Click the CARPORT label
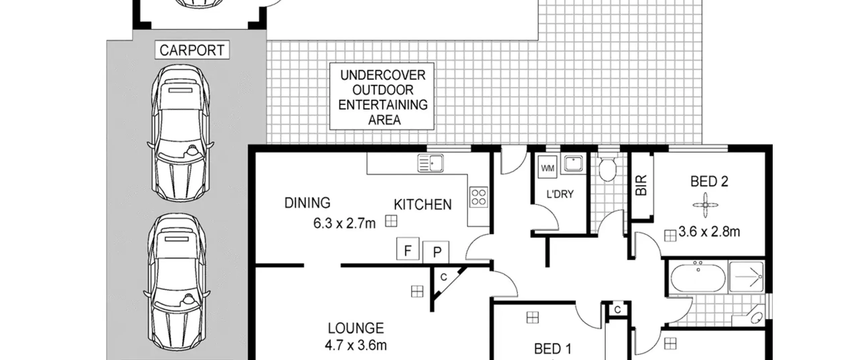pyautogui.click(x=192, y=50)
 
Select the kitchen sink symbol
pyautogui.click(x=431, y=163)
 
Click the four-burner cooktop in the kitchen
pyautogui.click(x=478, y=197)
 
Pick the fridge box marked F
pyautogui.click(x=408, y=249)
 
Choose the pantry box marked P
pyautogui.click(x=436, y=252)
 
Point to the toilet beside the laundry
pyautogui.click(x=607, y=167)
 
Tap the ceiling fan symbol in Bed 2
pyautogui.click(x=705, y=205)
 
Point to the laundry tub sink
pyautogui.click(x=573, y=164)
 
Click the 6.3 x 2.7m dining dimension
pyautogui.click(x=344, y=223)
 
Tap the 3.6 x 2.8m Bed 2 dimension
pyautogui.click(x=709, y=232)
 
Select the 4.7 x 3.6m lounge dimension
pyautogui.click(x=356, y=345)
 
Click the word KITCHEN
pyautogui.click(x=422, y=205)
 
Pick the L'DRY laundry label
pyautogui.click(x=560, y=194)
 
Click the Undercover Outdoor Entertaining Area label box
pyautogui.click(x=382, y=96)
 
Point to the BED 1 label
pyautogui.click(x=553, y=349)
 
